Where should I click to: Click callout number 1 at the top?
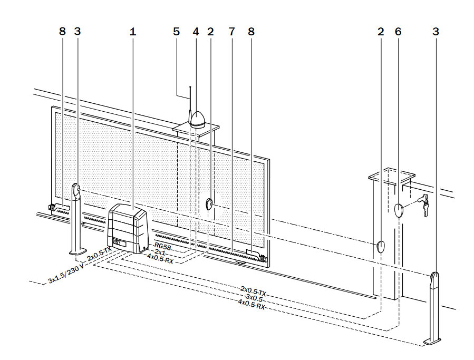[x=133, y=32]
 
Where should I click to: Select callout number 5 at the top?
[x=177, y=32]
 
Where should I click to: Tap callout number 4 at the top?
[x=196, y=32]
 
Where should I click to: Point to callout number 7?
[x=231, y=32]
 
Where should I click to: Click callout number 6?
[x=398, y=32]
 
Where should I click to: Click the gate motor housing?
[x=128, y=229]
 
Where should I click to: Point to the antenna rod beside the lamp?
[x=190, y=105]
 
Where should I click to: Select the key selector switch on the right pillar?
[x=399, y=210]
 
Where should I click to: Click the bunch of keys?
[x=423, y=204]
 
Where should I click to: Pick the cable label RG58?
[x=162, y=246]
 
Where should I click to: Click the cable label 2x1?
[x=160, y=251]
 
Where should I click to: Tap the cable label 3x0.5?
[x=254, y=298]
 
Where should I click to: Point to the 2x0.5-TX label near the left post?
[x=99, y=254]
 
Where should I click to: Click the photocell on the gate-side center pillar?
[x=209, y=204]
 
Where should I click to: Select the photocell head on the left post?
[x=76, y=190]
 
